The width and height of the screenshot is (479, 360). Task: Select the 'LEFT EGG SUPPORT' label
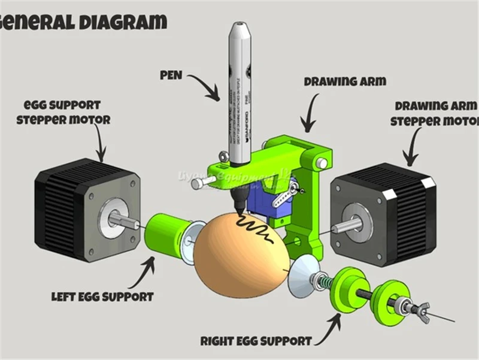102,297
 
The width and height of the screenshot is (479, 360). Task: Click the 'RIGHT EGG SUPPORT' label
256,341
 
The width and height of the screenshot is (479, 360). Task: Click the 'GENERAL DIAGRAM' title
84,23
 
